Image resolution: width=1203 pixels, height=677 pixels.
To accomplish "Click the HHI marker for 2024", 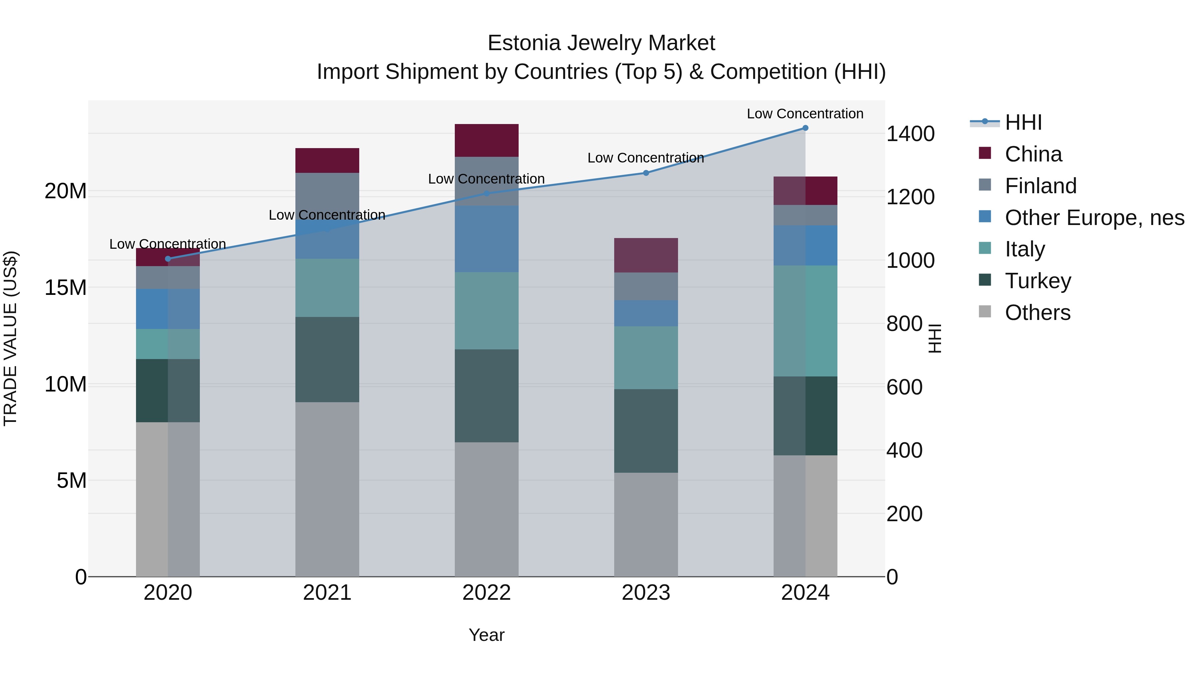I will click(x=805, y=128).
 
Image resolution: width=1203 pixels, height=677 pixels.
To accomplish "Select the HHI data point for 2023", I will click(x=646, y=173).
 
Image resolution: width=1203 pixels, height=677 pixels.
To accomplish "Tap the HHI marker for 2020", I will click(x=168, y=259).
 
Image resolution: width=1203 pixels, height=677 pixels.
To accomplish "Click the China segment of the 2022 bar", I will click(x=487, y=140).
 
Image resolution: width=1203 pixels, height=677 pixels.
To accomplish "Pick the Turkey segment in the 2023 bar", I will click(x=646, y=431).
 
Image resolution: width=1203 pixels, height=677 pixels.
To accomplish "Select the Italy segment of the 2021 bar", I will click(x=327, y=288).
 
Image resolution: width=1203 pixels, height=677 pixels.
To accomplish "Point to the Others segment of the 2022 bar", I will click(x=487, y=509).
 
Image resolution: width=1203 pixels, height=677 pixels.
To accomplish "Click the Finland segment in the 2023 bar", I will click(x=646, y=287).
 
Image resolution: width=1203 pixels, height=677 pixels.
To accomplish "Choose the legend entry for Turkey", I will click(x=1038, y=281).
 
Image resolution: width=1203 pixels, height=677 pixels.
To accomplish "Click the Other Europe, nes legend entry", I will click(x=1094, y=218).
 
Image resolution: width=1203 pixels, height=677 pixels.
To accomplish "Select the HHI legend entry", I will click(x=1023, y=122).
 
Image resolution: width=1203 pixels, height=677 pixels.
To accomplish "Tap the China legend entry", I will click(x=1033, y=154).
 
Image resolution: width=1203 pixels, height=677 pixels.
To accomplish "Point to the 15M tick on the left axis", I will click(x=65, y=288).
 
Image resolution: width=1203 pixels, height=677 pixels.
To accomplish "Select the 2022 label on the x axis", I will click(x=487, y=593).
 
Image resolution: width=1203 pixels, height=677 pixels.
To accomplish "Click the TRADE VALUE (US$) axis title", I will click(x=10, y=338).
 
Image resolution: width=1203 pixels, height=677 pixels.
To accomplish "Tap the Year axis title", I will click(x=487, y=635).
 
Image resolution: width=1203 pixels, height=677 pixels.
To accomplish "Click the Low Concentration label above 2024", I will click(x=805, y=114).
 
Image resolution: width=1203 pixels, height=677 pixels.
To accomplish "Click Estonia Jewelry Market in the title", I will click(x=601, y=43).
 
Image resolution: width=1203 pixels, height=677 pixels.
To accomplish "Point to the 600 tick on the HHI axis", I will click(x=904, y=387).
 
